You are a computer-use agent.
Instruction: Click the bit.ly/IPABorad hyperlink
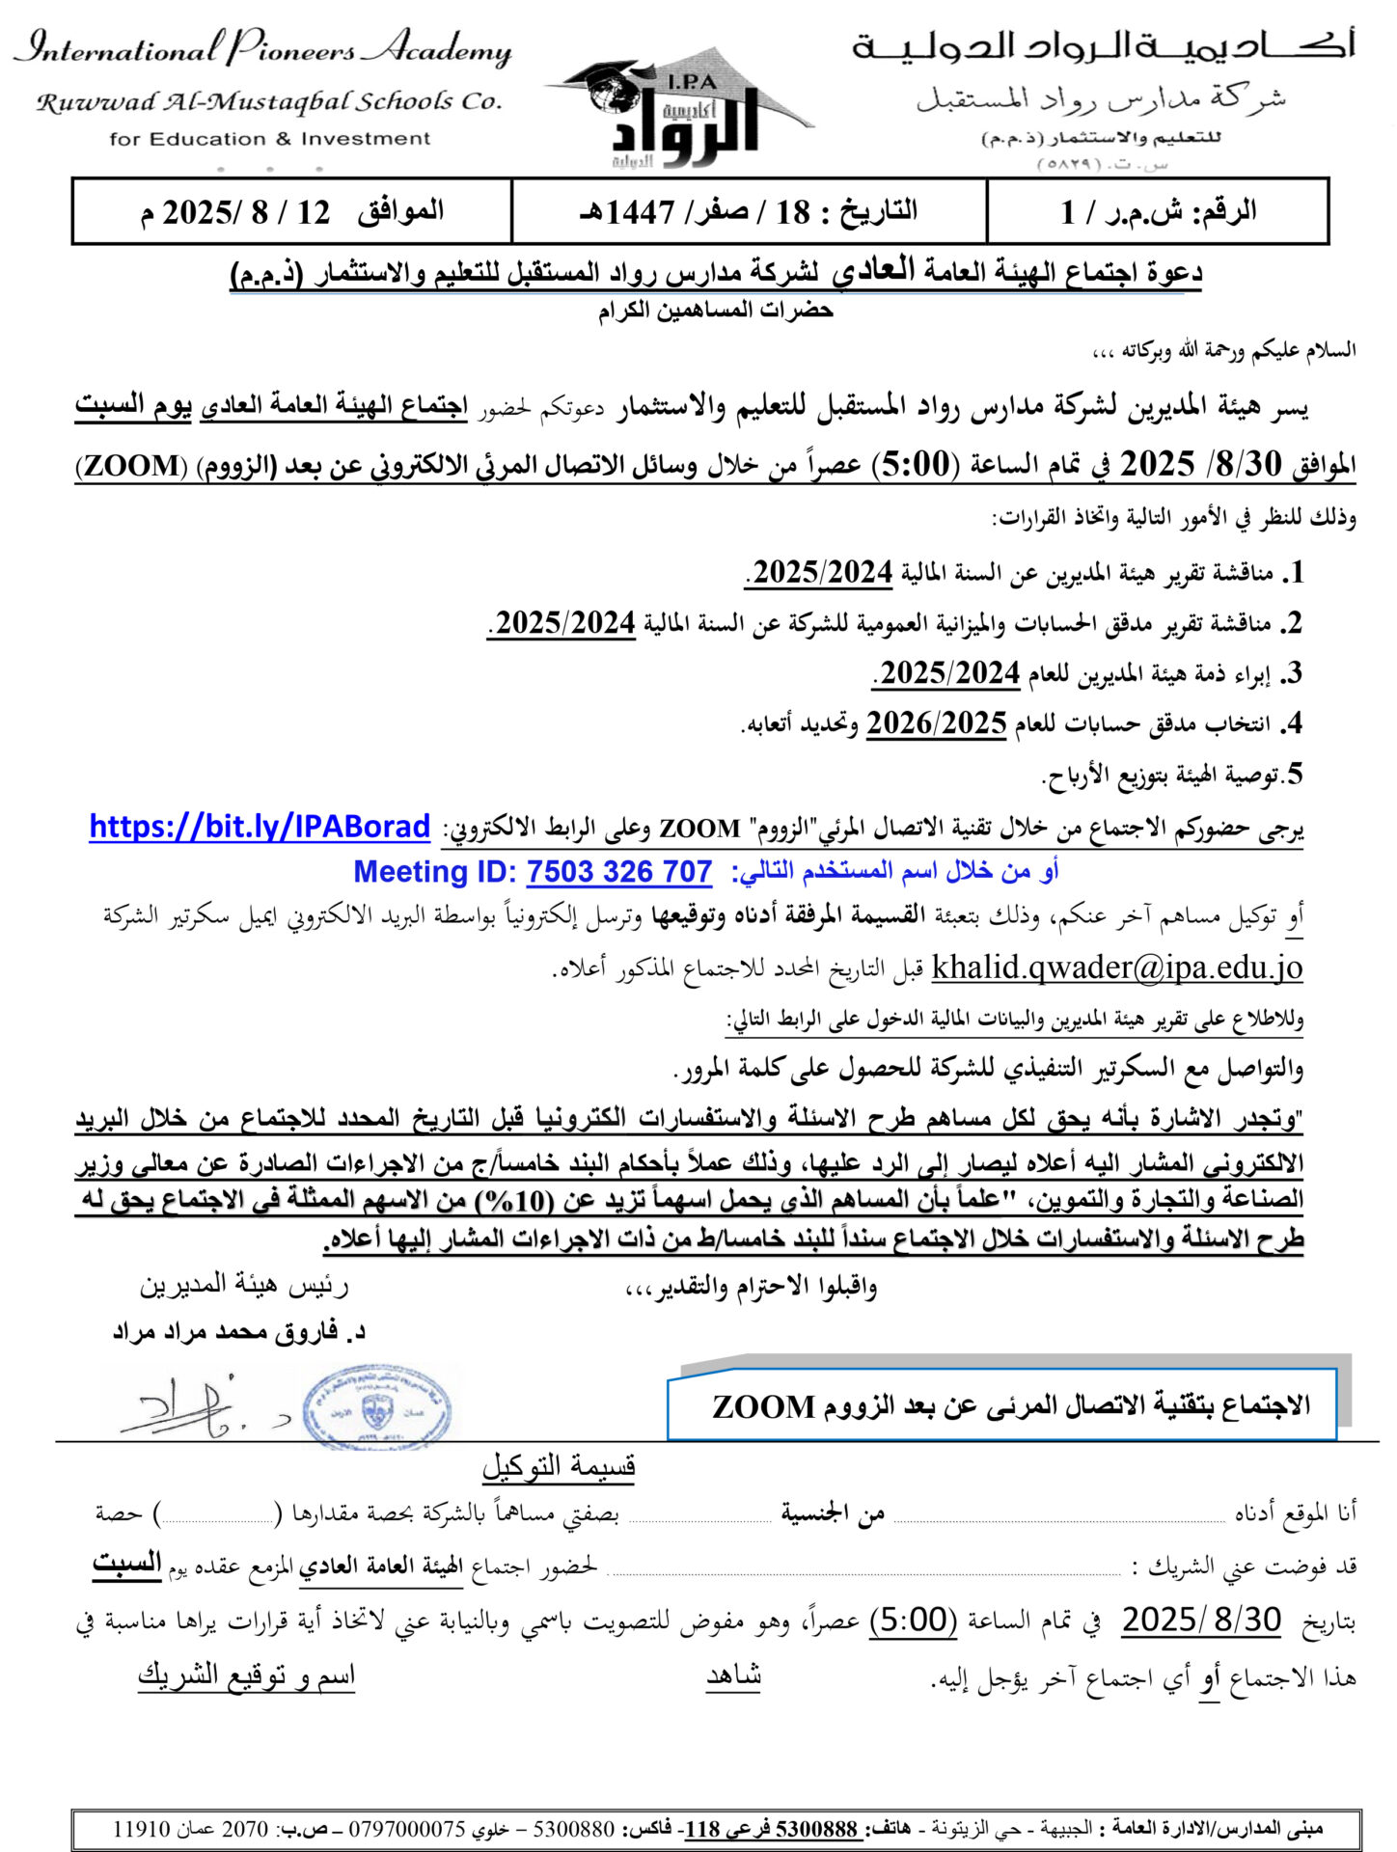[x=260, y=827]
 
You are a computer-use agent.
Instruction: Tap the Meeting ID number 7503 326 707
[x=618, y=872]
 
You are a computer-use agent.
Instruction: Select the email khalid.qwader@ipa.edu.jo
[x=1116, y=967]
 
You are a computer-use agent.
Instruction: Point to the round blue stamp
[x=375, y=1407]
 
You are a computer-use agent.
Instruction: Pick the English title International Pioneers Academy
[x=262, y=48]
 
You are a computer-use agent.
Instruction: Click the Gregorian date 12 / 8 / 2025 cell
[x=291, y=211]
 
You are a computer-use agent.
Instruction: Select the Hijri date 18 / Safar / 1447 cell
[x=749, y=211]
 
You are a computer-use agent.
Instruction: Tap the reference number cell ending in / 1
[x=1158, y=211]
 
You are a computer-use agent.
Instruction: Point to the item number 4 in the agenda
[x=1293, y=723]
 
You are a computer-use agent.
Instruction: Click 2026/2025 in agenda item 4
[x=936, y=723]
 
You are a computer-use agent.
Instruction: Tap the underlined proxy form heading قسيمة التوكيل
[x=559, y=1467]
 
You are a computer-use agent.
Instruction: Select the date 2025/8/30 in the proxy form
[x=1201, y=1620]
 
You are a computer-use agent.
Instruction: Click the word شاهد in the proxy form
[x=733, y=1676]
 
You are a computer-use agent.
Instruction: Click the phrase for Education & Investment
[x=270, y=139]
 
